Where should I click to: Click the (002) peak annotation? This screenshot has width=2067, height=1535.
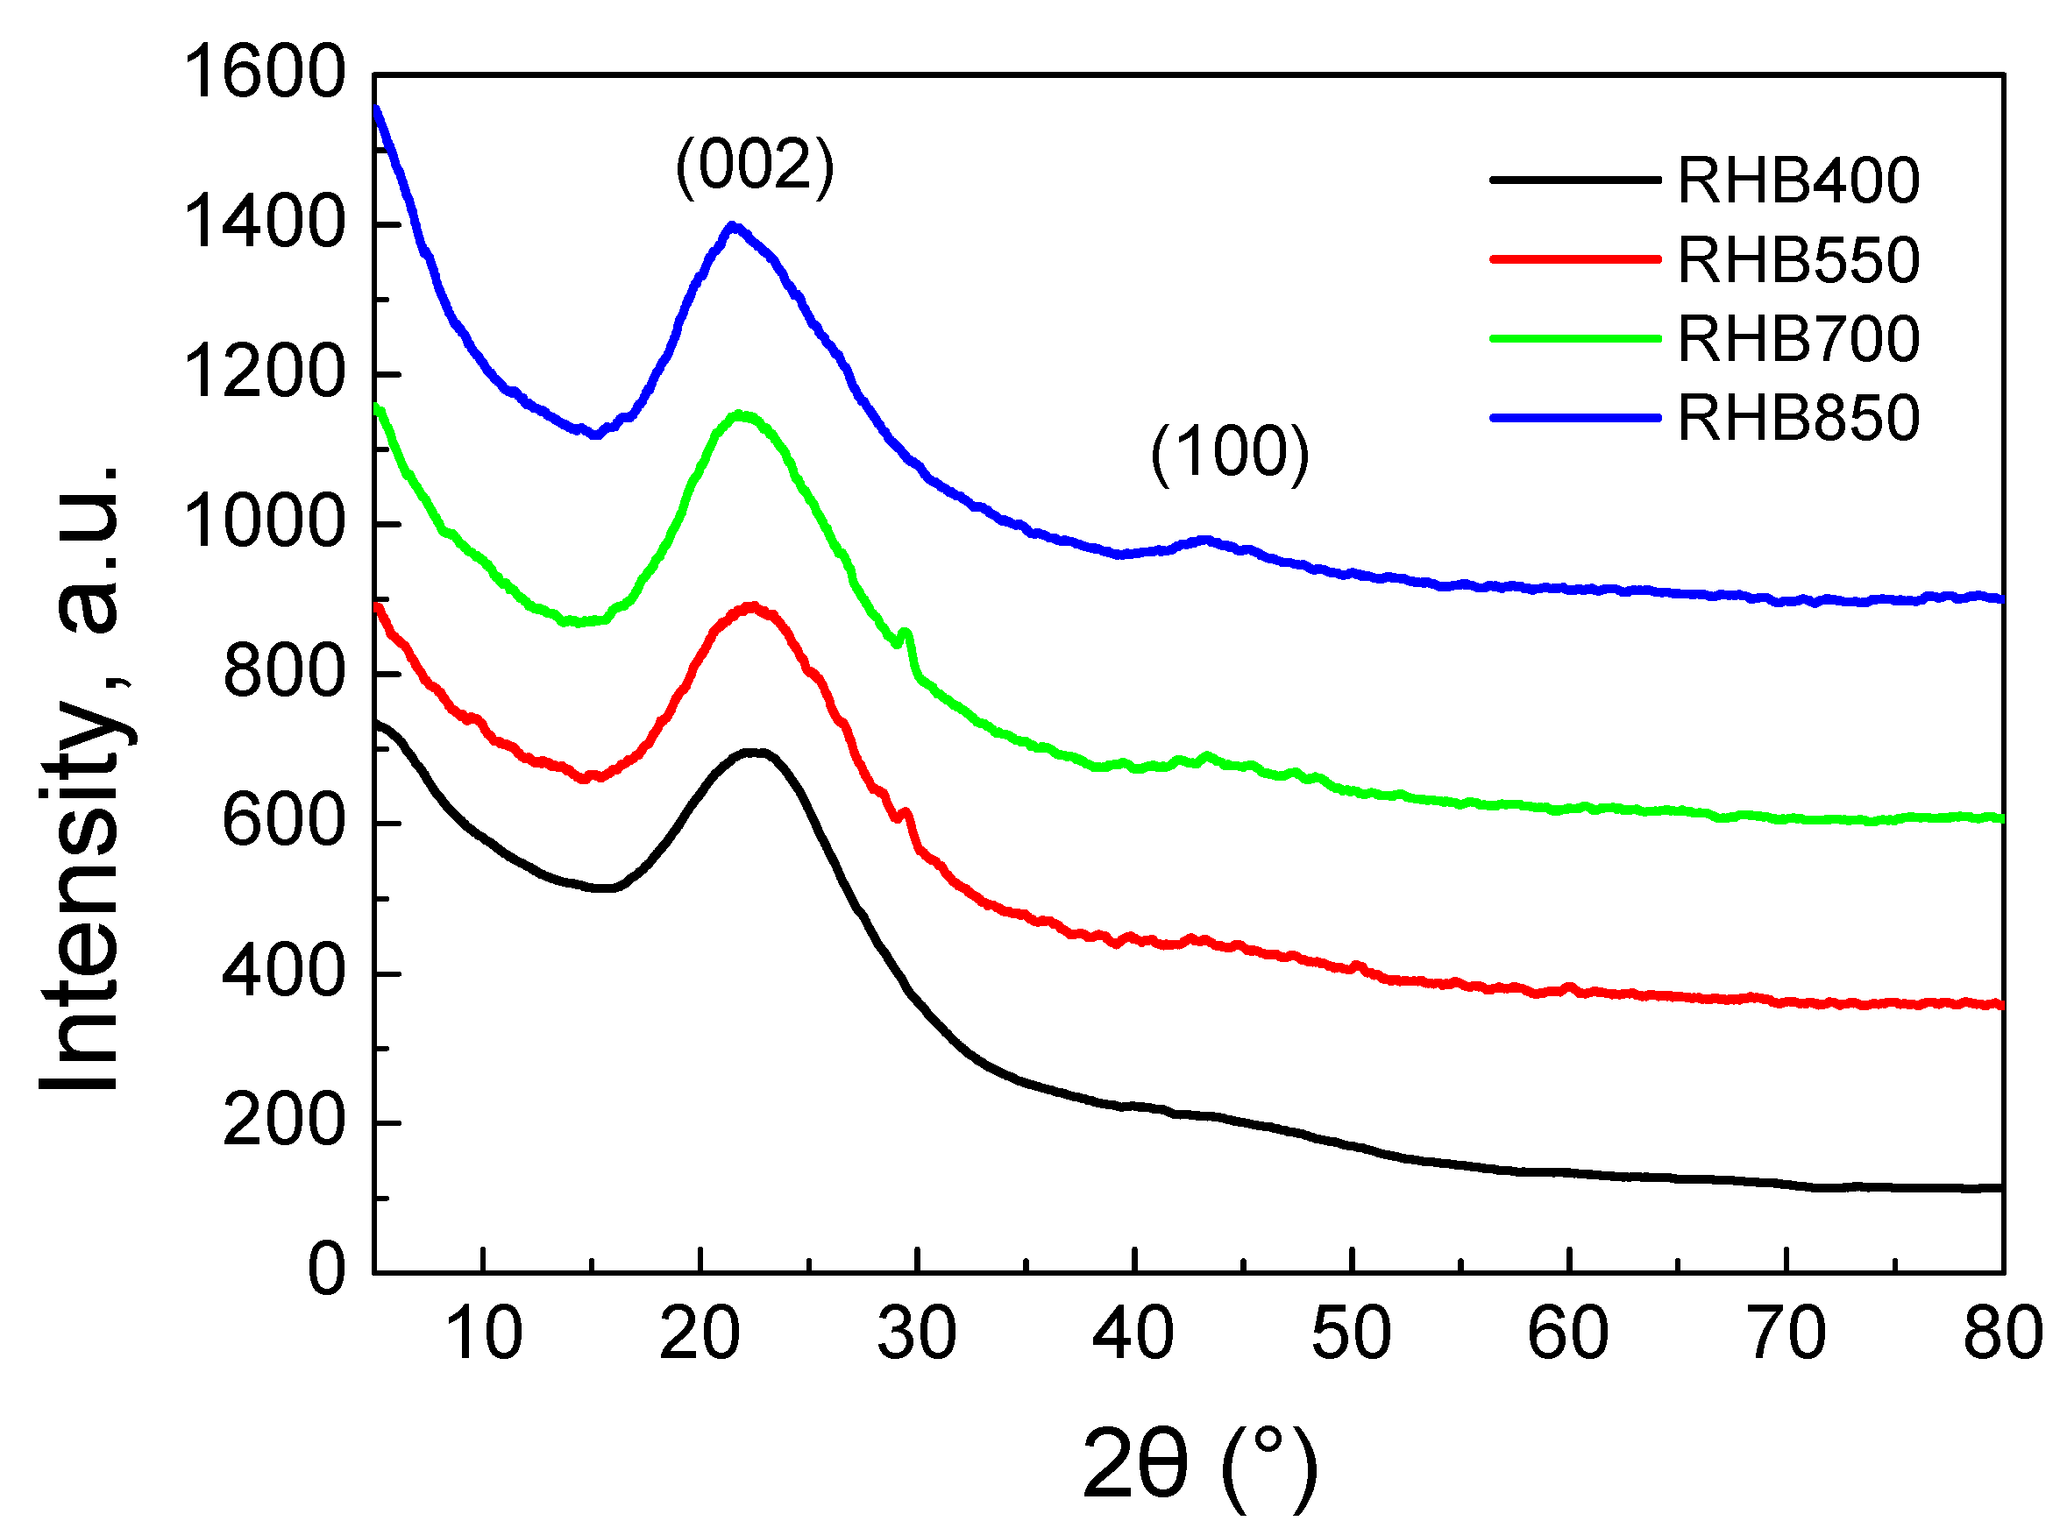click(755, 166)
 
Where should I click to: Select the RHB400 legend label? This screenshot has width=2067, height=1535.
click(1799, 180)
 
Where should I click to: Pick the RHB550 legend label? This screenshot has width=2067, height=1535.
click(1799, 259)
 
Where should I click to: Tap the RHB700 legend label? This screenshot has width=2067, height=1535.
click(1799, 339)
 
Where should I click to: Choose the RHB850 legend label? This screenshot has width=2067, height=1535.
click(1799, 418)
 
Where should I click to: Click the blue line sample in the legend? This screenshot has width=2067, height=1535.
click(1574, 418)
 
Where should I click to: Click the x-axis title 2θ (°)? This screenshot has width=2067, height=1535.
click(1199, 1464)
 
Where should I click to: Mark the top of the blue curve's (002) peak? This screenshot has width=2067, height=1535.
click(732, 226)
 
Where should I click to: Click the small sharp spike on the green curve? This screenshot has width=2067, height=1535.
click(906, 633)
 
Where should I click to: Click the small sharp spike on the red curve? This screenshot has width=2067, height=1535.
click(906, 813)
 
